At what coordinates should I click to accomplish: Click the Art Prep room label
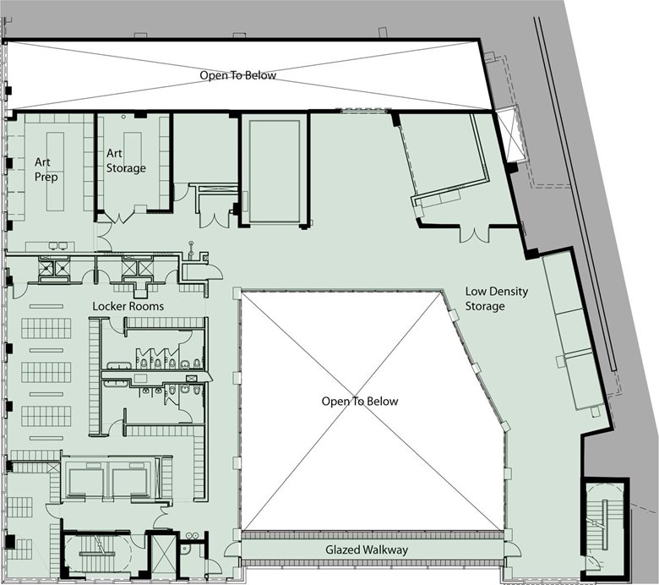tap(46, 169)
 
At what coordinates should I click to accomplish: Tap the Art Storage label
tap(126, 161)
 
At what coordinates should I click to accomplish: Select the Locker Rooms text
tap(128, 306)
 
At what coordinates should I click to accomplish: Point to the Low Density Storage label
tap(496, 298)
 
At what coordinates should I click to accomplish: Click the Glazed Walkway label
tap(367, 549)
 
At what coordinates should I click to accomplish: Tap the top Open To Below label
tap(238, 75)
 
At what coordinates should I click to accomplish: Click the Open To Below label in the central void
tap(360, 402)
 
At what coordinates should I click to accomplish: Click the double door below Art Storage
tap(120, 217)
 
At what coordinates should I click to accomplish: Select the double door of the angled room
tap(475, 234)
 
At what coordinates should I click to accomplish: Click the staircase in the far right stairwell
tap(605, 524)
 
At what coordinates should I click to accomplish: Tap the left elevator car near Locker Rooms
tap(86, 483)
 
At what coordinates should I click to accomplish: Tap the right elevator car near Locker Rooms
tap(130, 483)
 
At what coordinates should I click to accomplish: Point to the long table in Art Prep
tap(55, 172)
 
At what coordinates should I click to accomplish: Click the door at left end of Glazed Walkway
tap(232, 549)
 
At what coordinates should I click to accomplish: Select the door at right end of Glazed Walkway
tap(512, 549)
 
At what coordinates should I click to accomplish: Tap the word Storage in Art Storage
tap(126, 167)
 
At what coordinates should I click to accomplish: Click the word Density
tap(509, 292)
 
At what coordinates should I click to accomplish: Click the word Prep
tap(46, 177)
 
